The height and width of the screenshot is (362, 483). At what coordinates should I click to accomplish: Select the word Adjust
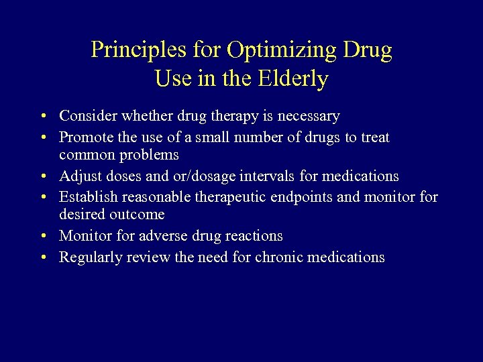click(79, 176)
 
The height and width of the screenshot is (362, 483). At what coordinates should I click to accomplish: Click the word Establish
click(89, 197)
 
